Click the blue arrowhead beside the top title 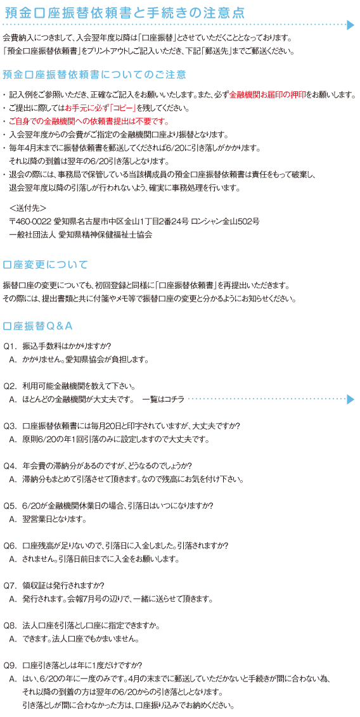coord(350,25)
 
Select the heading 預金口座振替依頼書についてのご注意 coord(94,74)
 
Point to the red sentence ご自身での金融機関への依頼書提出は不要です coord(89,122)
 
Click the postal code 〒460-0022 coord(30,222)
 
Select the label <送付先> coord(27,208)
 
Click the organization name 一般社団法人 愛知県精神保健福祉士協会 coord(80,235)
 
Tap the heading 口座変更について coord(45,265)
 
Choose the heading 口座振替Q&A coord(38,326)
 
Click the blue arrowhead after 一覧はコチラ coord(350,400)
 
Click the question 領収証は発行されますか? coord(65,586)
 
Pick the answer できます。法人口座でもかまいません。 coord(80,638)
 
